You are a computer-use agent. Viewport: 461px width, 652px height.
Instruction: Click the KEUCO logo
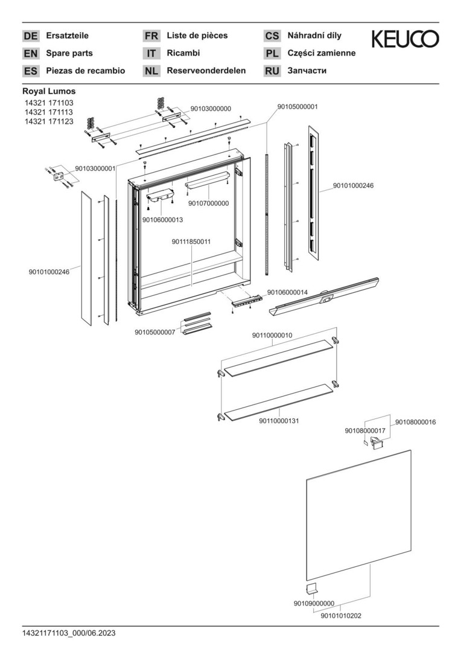click(405, 40)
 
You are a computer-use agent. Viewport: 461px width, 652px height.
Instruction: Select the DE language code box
click(30, 36)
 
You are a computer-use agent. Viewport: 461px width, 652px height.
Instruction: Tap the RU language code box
click(272, 71)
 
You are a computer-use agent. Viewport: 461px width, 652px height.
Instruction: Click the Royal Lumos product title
click(49, 92)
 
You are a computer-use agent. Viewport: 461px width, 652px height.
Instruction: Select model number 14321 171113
click(49, 112)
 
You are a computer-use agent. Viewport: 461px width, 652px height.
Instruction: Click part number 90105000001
click(297, 107)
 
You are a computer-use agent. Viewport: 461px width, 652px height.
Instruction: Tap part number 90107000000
click(208, 203)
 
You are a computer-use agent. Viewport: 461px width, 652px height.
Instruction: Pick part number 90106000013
click(162, 220)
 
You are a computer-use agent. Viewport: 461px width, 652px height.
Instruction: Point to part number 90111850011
click(191, 241)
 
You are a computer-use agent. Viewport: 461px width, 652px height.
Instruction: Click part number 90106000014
click(287, 292)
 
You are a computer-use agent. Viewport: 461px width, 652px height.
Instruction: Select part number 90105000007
click(154, 332)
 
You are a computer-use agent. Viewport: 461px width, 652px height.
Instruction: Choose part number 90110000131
click(279, 420)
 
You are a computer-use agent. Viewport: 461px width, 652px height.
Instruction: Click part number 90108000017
click(365, 430)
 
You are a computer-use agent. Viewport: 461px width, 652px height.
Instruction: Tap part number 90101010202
click(341, 616)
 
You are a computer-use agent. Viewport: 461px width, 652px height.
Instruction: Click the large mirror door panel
click(358, 516)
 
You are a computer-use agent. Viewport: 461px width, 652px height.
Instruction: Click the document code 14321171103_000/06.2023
click(69, 633)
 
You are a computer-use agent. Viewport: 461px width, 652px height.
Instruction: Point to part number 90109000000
click(314, 603)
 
